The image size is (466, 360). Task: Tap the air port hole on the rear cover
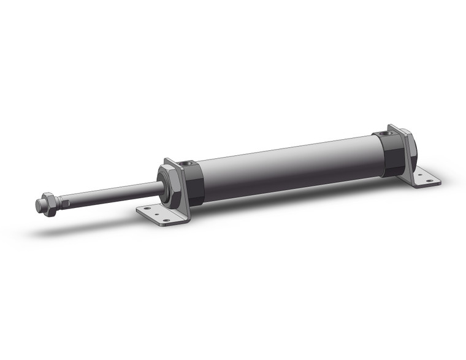pos(384,133)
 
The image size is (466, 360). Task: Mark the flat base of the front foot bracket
pos(156,215)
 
